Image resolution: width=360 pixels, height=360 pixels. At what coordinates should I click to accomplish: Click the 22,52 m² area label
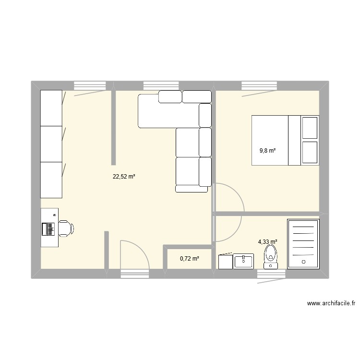click(124, 177)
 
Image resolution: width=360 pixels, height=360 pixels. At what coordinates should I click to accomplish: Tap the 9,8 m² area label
click(267, 151)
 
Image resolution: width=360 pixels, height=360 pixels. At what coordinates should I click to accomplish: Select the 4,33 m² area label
click(268, 242)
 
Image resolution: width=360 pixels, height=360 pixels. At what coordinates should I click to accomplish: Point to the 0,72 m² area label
click(189, 259)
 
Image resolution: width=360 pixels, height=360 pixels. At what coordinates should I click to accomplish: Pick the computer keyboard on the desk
click(48, 229)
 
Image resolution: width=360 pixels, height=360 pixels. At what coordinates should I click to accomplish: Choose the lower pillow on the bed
click(310, 153)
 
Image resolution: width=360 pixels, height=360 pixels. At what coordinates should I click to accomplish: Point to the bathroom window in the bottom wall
click(271, 274)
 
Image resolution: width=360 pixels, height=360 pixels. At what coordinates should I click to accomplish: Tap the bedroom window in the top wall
click(260, 86)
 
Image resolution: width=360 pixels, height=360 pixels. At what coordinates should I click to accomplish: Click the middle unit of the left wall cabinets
click(51, 144)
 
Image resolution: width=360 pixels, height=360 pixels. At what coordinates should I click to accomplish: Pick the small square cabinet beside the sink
click(226, 262)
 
